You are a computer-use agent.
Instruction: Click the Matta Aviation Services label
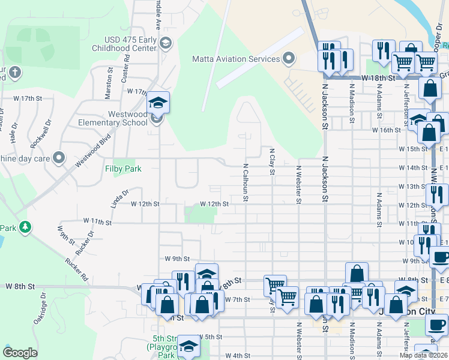click(236, 59)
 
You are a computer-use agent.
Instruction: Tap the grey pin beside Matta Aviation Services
click(289, 59)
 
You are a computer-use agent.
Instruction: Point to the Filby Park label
click(124, 169)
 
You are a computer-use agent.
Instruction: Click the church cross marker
click(15, 73)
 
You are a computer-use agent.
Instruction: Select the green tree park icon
click(25, 227)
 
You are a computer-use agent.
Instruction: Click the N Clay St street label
click(272, 163)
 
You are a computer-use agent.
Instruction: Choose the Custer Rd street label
click(127, 66)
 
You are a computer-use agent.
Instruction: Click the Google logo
click(20, 353)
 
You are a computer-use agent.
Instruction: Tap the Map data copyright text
click(423, 355)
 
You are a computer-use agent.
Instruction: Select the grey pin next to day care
click(59, 158)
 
